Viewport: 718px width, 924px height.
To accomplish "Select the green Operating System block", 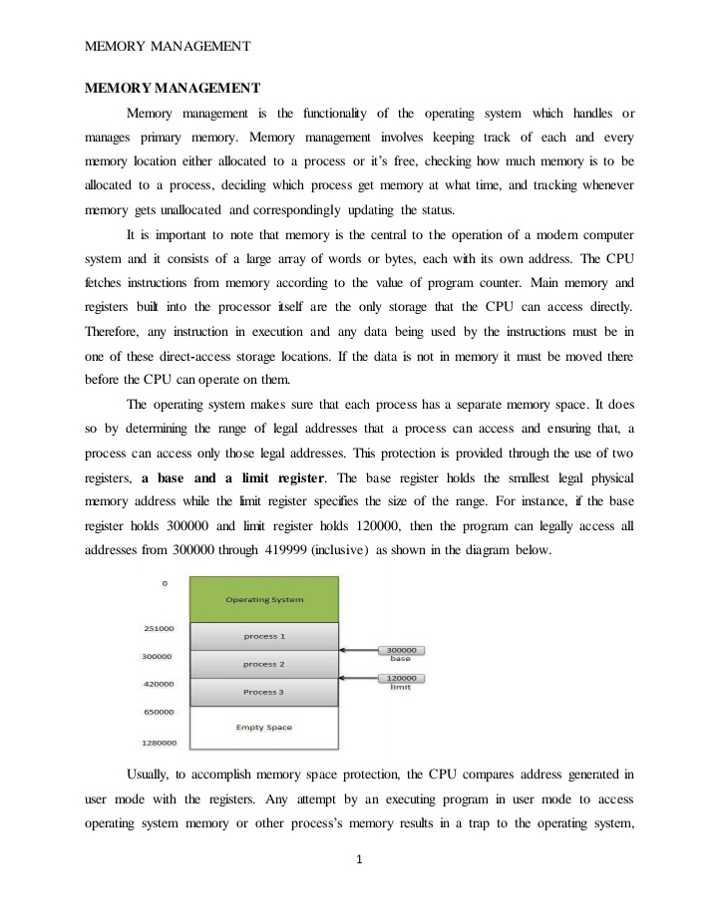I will (x=263, y=599).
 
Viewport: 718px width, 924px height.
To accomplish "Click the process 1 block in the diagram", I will (x=263, y=636).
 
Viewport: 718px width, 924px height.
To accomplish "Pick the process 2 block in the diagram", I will (x=263, y=664).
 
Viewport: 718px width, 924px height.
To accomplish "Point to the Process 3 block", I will (x=263, y=692).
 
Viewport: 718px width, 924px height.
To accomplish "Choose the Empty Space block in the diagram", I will (x=263, y=727).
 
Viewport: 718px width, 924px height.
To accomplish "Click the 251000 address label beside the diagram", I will (x=159, y=628).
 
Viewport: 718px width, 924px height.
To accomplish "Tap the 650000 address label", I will (x=159, y=712).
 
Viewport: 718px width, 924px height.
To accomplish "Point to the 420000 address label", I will (x=159, y=684).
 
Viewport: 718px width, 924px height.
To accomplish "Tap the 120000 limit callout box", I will (x=400, y=679).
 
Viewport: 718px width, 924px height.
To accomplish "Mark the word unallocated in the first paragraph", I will (x=187, y=211).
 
